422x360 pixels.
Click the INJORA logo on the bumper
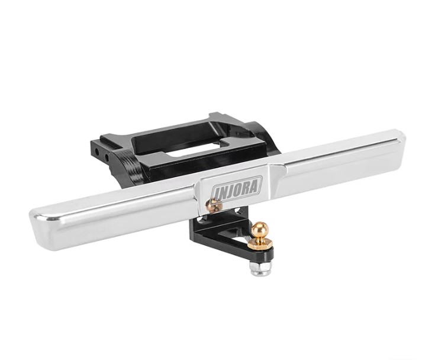click(237, 188)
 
